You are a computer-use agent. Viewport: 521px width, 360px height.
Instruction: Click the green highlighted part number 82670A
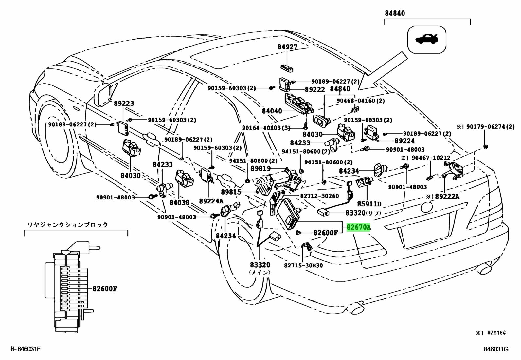[358, 227]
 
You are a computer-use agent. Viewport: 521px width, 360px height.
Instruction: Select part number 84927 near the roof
[287, 47]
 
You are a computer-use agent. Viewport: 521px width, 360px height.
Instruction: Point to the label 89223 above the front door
[124, 104]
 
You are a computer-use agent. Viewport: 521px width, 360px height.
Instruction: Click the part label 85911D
[369, 204]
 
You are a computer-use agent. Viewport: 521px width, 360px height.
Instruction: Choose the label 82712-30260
[319, 196]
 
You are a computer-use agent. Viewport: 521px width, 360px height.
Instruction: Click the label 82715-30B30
[303, 265]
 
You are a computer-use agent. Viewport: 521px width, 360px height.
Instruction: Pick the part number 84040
[272, 111]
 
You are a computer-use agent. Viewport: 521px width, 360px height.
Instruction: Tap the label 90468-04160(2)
[361, 101]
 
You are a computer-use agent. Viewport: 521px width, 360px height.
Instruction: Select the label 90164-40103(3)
[266, 128]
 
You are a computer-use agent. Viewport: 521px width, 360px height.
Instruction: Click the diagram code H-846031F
[26, 349]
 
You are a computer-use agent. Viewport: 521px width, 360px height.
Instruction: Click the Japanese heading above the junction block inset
[68, 225]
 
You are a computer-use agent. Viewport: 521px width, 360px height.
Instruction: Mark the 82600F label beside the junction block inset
[105, 289]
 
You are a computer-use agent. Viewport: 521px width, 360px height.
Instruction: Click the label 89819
[260, 168]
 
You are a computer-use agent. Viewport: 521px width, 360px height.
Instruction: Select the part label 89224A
[211, 201]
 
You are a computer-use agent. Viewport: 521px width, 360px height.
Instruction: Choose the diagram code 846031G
[496, 349]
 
